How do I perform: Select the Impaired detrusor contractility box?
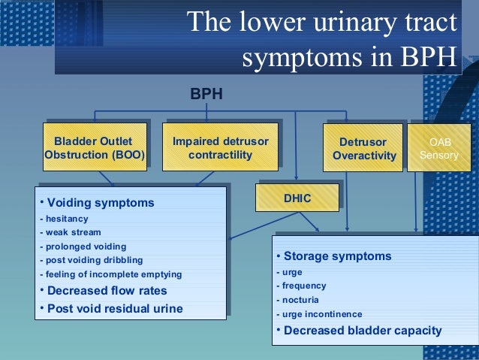[220, 148]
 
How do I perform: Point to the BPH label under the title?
[206, 95]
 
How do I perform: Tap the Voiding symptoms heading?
[99, 203]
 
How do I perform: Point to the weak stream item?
[71, 232]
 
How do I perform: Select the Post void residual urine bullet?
[113, 309]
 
